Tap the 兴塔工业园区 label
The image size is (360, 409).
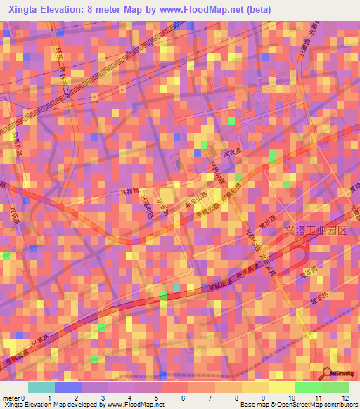[x=315, y=231]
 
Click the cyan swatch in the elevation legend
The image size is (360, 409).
[x=41, y=387]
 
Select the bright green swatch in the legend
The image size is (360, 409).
[x=309, y=387]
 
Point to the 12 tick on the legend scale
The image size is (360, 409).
[x=345, y=398]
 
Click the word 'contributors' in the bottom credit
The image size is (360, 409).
[x=340, y=405]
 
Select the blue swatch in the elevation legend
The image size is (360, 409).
[x=68, y=387]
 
